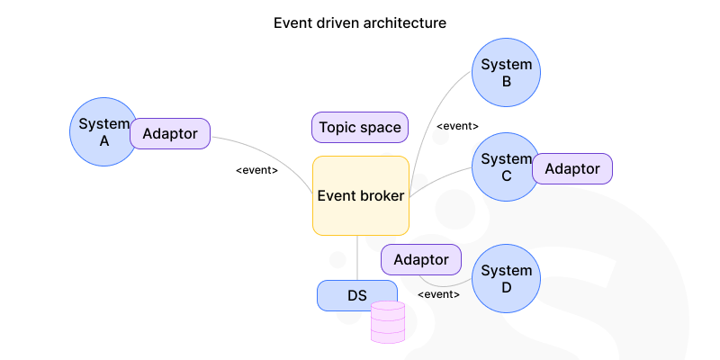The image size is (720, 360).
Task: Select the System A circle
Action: pos(97,131)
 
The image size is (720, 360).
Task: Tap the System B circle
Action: pos(506,73)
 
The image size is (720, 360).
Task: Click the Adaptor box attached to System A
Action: pos(170,134)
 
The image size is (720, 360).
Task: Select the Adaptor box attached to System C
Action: pos(572,168)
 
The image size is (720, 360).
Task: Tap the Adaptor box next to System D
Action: pos(421,259)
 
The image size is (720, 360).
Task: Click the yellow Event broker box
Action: pos(361,195)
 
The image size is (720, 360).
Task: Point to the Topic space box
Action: pos(360,127)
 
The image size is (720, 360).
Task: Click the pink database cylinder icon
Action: pos(388,322)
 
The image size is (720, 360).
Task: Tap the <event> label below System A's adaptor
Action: pos(256,170)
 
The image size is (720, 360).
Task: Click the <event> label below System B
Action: pos(457,126)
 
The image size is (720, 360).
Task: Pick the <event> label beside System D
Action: pos(439,294)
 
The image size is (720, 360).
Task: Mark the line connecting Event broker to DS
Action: pos(357,257)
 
